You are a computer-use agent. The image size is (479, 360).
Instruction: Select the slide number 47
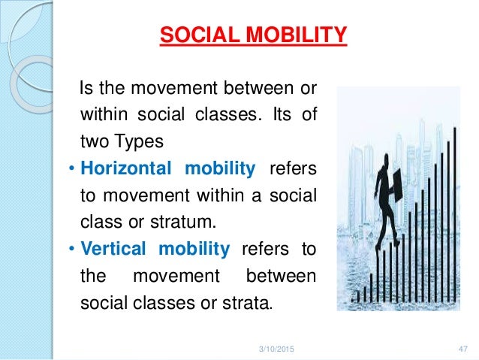[x=463, y=348]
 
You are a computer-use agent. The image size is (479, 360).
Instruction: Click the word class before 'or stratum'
[x=95, y=222]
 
